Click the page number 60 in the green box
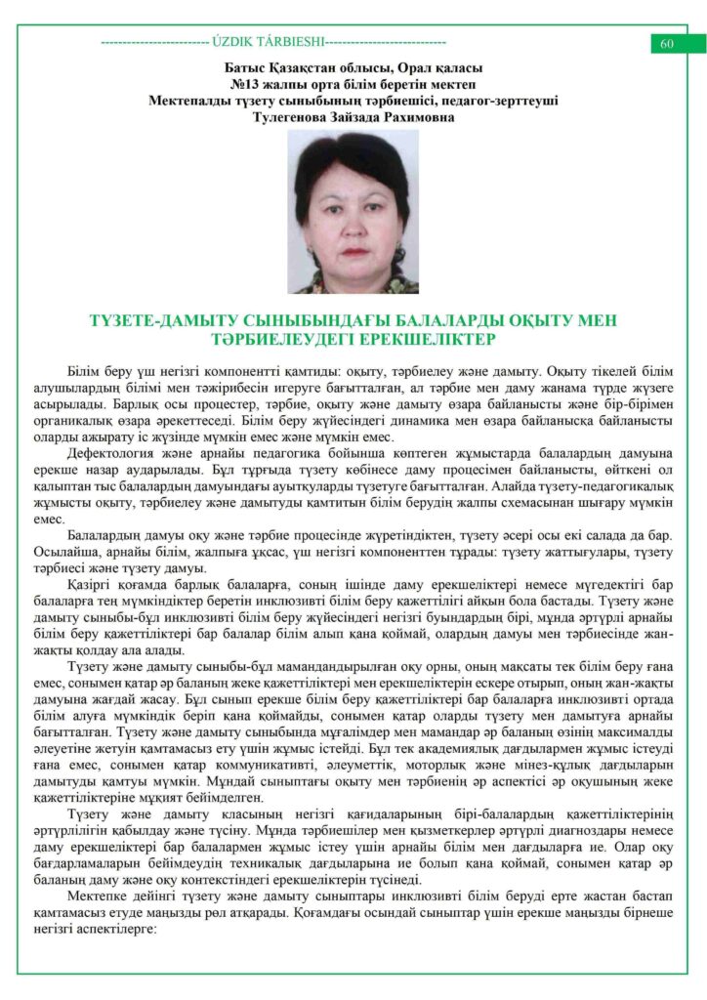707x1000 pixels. pyautogui.click(x=668, y=44)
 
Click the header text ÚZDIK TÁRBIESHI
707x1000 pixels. pyautogui.click(x=267, y=43)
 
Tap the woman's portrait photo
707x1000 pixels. pyautogui.click(x=353, y=212)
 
